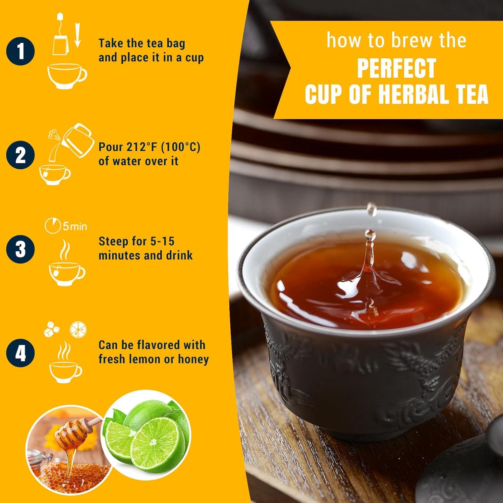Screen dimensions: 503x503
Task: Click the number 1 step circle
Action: pyautogui.click(x=20, y=52)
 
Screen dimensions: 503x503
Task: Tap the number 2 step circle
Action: pyautogui.click(x=20, y=155)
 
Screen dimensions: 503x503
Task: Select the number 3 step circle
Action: pyautogui.click(x=20, y=249)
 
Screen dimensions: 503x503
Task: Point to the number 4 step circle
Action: pyautogui.click(x=20, y=353)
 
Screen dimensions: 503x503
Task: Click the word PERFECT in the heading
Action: pyautogui.click(x=396, y=68)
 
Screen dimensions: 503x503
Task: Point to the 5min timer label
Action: pyautogui.click(x=66, y=226)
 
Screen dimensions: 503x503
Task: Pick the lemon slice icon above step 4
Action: pyautogui.click(x=78, y=330)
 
